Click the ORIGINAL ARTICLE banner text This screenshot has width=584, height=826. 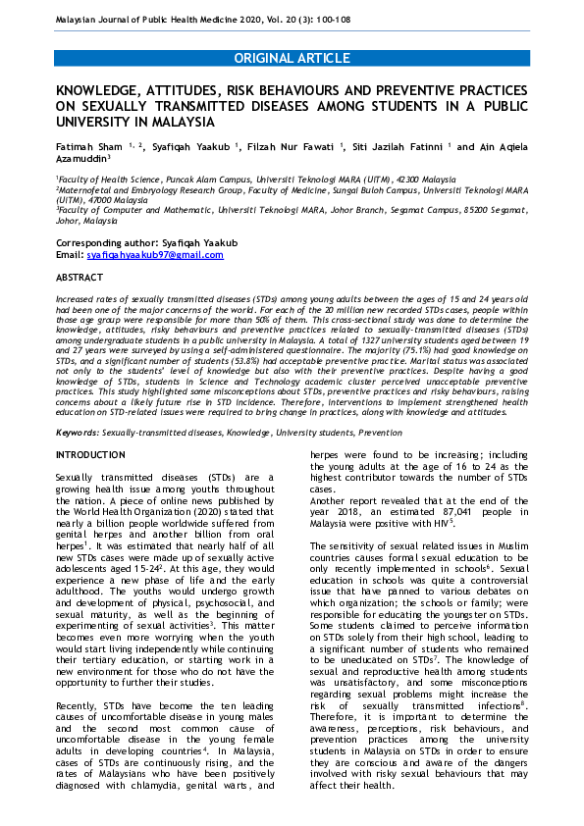[x=292, y=59]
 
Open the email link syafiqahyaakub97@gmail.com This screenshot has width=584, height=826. [x=155, y=255]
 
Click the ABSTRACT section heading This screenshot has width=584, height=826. [x=80, y=279]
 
